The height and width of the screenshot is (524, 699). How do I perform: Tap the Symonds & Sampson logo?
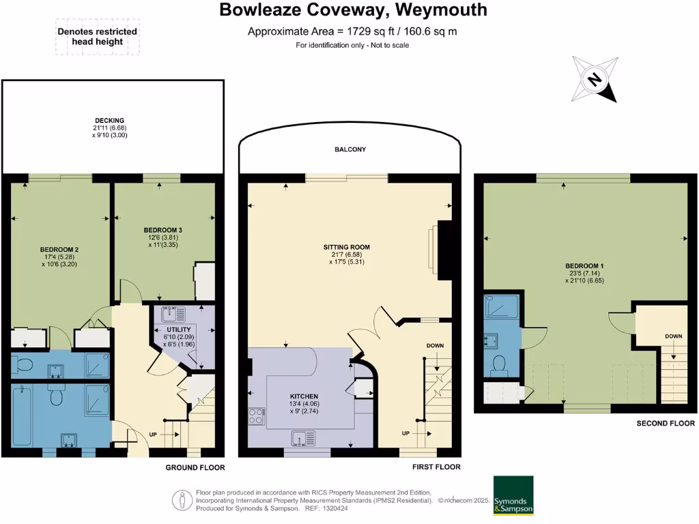coord(513,495)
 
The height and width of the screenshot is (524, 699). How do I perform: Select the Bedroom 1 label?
coord(584,270)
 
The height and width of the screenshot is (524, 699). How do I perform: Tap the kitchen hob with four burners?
coord(257,416)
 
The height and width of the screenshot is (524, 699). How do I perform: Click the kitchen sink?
coord(301,437)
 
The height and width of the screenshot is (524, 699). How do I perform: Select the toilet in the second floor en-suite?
coord(498,364)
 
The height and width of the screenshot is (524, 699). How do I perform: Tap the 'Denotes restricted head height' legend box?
coord(97,36)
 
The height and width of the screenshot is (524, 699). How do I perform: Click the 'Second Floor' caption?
coord(666,423)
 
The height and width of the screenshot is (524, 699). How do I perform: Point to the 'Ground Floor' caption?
coord(195,467)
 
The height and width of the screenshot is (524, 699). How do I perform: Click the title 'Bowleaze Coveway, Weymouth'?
coord(353,10)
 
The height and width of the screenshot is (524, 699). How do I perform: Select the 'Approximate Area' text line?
coord(352,31)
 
